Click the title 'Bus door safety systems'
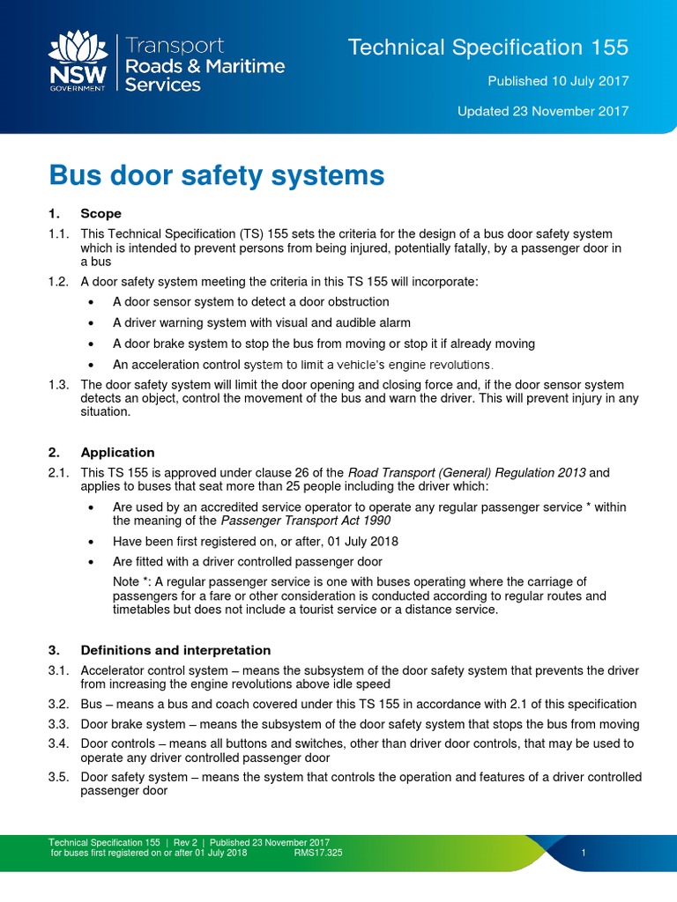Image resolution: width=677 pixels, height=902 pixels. [x=217, y=176]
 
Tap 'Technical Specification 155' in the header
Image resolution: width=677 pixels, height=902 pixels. [x=488, y=48]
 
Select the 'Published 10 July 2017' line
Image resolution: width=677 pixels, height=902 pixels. [x=558, y=81]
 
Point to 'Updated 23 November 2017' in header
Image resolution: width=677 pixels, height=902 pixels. [x=542, y=111]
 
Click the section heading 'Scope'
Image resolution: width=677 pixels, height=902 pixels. [x=100, y=214]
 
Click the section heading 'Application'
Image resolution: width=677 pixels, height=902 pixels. [x=117, y=453]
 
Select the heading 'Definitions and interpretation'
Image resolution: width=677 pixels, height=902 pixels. [x=175, y=650]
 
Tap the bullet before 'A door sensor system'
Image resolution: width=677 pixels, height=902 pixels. [x=93, y=303]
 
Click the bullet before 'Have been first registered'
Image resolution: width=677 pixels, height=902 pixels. [x=93, y=541]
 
